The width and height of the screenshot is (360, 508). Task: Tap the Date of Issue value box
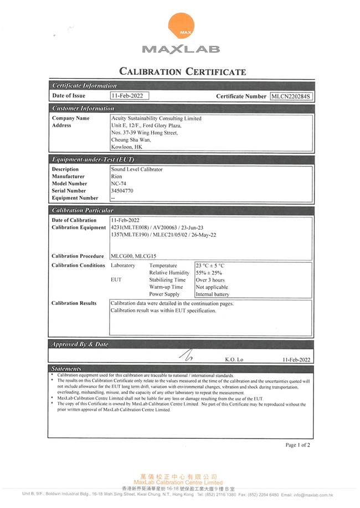click(130, 96)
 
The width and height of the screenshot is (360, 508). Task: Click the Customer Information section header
click(83, 108)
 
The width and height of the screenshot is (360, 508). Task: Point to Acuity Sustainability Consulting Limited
click(156, 118)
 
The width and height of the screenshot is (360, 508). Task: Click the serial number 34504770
click(122, 191)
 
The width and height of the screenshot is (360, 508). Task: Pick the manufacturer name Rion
click(116, 177)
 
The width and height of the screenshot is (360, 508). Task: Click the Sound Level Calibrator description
click(137, 169)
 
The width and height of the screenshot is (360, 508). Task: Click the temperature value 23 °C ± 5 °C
click(210, 266)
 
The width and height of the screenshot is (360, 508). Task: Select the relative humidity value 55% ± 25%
click(209, 273)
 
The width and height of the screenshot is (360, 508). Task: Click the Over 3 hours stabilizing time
click(210, 280)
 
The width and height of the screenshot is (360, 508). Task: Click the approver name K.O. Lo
click(234, 360)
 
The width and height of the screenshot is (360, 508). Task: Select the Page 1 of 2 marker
click(297, 445)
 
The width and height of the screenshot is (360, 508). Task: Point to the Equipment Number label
click(75, 198)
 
